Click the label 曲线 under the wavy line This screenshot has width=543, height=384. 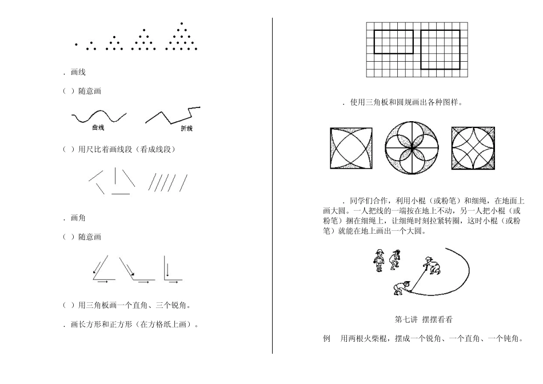click(x=98, y=128)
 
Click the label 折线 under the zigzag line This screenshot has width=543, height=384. click(x=186, y=129)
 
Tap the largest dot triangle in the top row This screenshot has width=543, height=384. click(x=181, y=37)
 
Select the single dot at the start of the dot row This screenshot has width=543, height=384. click(x=75, y=44)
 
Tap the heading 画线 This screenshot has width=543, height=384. click(x=78, y=73)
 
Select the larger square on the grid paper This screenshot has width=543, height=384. click(x=440, y=49)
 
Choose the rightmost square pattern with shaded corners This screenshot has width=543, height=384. click(x=473, y=147)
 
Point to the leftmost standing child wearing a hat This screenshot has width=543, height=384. click(x=378, y=260)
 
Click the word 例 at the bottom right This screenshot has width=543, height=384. click(x=326, y=339)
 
